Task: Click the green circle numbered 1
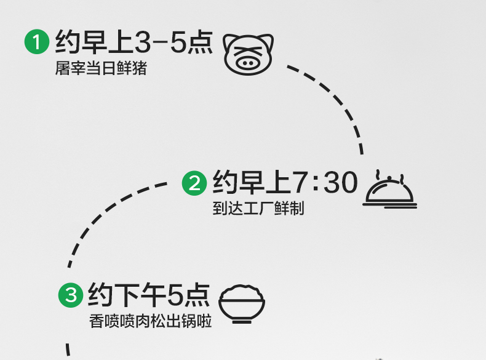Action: click(x=36, y=43)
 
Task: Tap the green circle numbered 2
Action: click(x=194, y=183)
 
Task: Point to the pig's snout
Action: click(x=248, y=62)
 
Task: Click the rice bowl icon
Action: click(x=242, y=303)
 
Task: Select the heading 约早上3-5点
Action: click(x=133, y=42)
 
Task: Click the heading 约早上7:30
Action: click(x=285, y=183)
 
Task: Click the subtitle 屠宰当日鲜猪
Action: click(x=101, y=68)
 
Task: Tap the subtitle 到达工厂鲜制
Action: click(x=258, y=209)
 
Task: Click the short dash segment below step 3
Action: click(x=69, y=350)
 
